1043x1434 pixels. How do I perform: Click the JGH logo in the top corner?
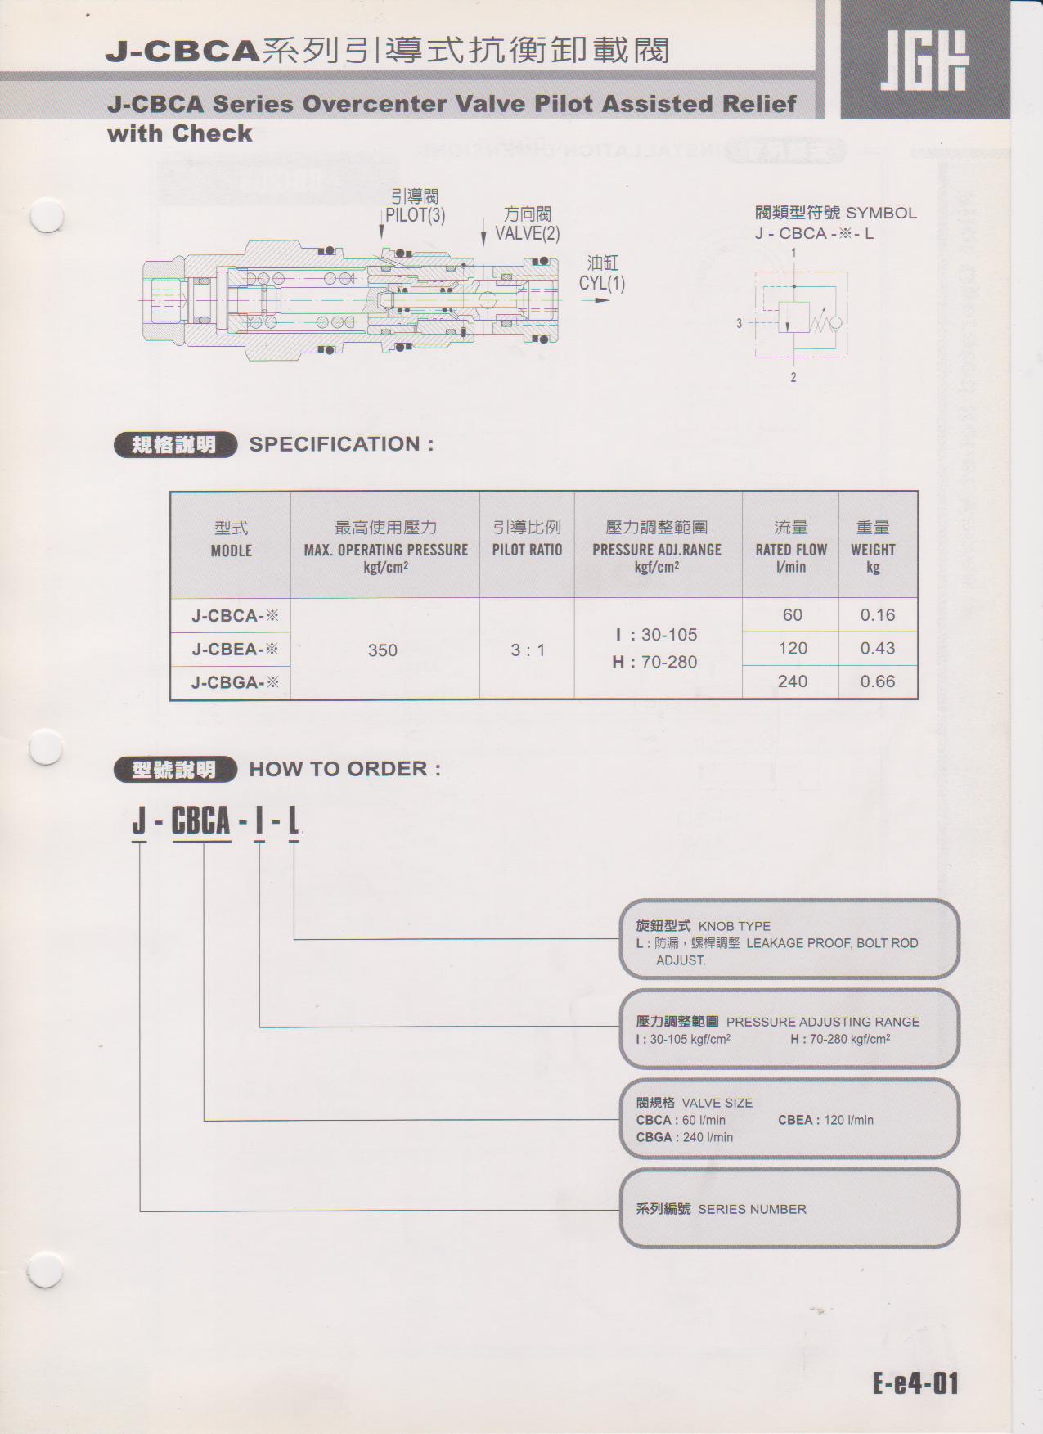tap(924, 61)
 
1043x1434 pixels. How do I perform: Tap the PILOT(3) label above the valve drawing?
tap(415, 215)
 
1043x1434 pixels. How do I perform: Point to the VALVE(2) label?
tap(528, 233)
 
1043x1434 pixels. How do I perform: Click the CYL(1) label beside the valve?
tap(602, 283)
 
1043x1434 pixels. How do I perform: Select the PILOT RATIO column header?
tap(527, 550)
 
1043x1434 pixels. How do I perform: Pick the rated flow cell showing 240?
tap(792, 681)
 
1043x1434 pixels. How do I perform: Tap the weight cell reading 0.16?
tap(877, 615)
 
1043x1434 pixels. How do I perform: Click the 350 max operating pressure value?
tap(383, 650)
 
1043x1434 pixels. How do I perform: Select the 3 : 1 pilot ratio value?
tap(528, 650)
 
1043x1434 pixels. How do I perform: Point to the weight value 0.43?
tap(877, 649)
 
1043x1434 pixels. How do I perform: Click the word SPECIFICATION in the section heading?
tap(335, 444)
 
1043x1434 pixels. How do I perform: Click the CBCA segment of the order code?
tap(200, 821)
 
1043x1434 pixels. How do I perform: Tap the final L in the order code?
tap(293, 821)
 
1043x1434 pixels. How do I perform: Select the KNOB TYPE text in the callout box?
tap(734, 926)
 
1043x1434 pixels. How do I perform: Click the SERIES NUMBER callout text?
tap(752, 1209)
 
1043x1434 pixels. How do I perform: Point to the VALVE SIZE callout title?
tap(717, 1103)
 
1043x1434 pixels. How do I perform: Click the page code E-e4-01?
tap(915, 1384)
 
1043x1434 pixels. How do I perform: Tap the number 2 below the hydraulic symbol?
tap(793, 377)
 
